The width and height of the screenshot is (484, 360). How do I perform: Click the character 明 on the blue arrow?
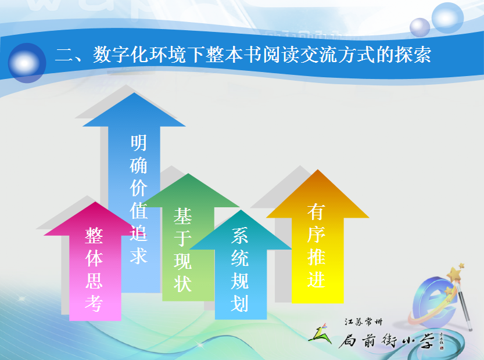point(138,143)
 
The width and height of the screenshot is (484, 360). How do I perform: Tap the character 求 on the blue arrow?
point(138,255)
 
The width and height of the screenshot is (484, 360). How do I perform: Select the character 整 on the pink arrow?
point(94,236)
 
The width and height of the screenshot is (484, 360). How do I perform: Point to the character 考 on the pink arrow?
point(94,303)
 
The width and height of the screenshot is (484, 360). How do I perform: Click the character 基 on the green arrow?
point(182,216)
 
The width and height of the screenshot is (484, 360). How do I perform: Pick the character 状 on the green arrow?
point(182,283)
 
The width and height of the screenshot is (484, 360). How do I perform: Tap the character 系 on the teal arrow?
point(240,236)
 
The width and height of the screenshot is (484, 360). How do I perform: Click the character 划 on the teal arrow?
point(240,303)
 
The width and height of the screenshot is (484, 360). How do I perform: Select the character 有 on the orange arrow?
point(316,213)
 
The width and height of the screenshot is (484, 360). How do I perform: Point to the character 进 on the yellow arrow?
point(316,279)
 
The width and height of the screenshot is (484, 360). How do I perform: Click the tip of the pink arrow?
point(96,202)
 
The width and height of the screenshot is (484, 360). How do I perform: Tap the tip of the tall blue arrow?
point(134,93)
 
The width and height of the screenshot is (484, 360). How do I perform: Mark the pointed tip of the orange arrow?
point(318,170)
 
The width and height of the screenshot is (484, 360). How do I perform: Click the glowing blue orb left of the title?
point(27,63)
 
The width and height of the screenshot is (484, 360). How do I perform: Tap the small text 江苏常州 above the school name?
point(363,322)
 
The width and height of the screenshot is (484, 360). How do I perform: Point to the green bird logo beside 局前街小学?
point(320,334)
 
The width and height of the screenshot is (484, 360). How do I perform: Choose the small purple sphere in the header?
point(420,27)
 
